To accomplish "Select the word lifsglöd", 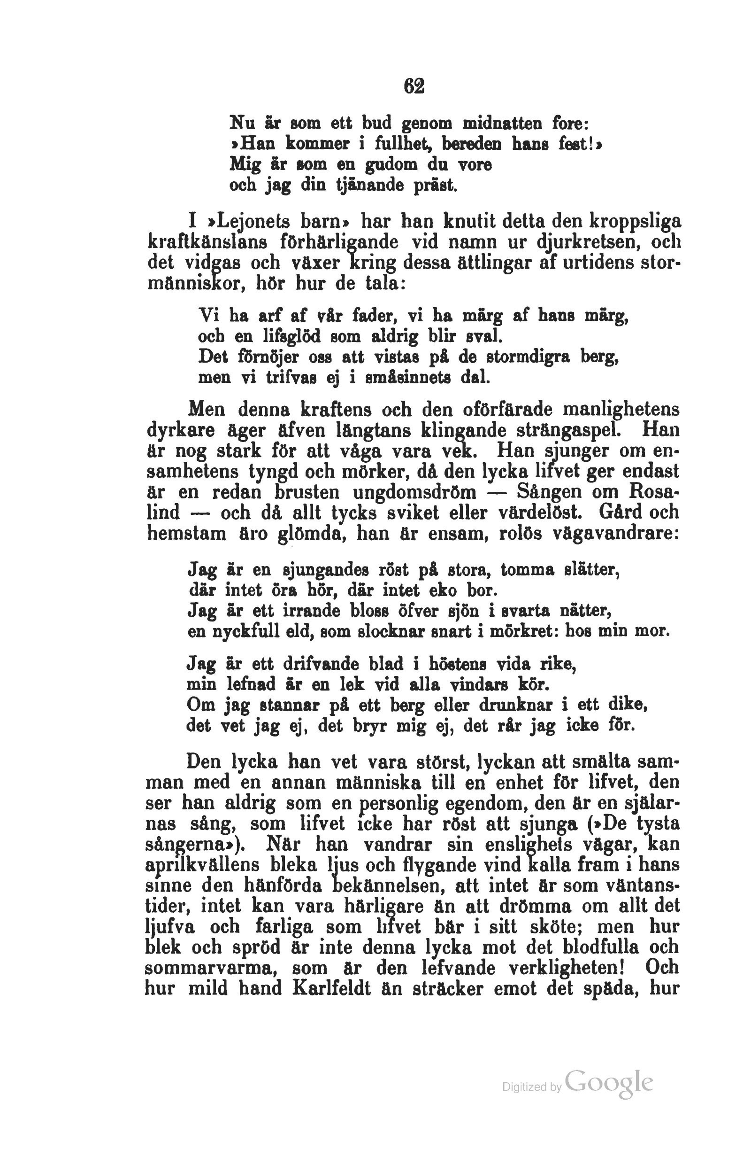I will [x=302, y=335].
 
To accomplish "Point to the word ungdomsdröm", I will [x=414, y=492].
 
